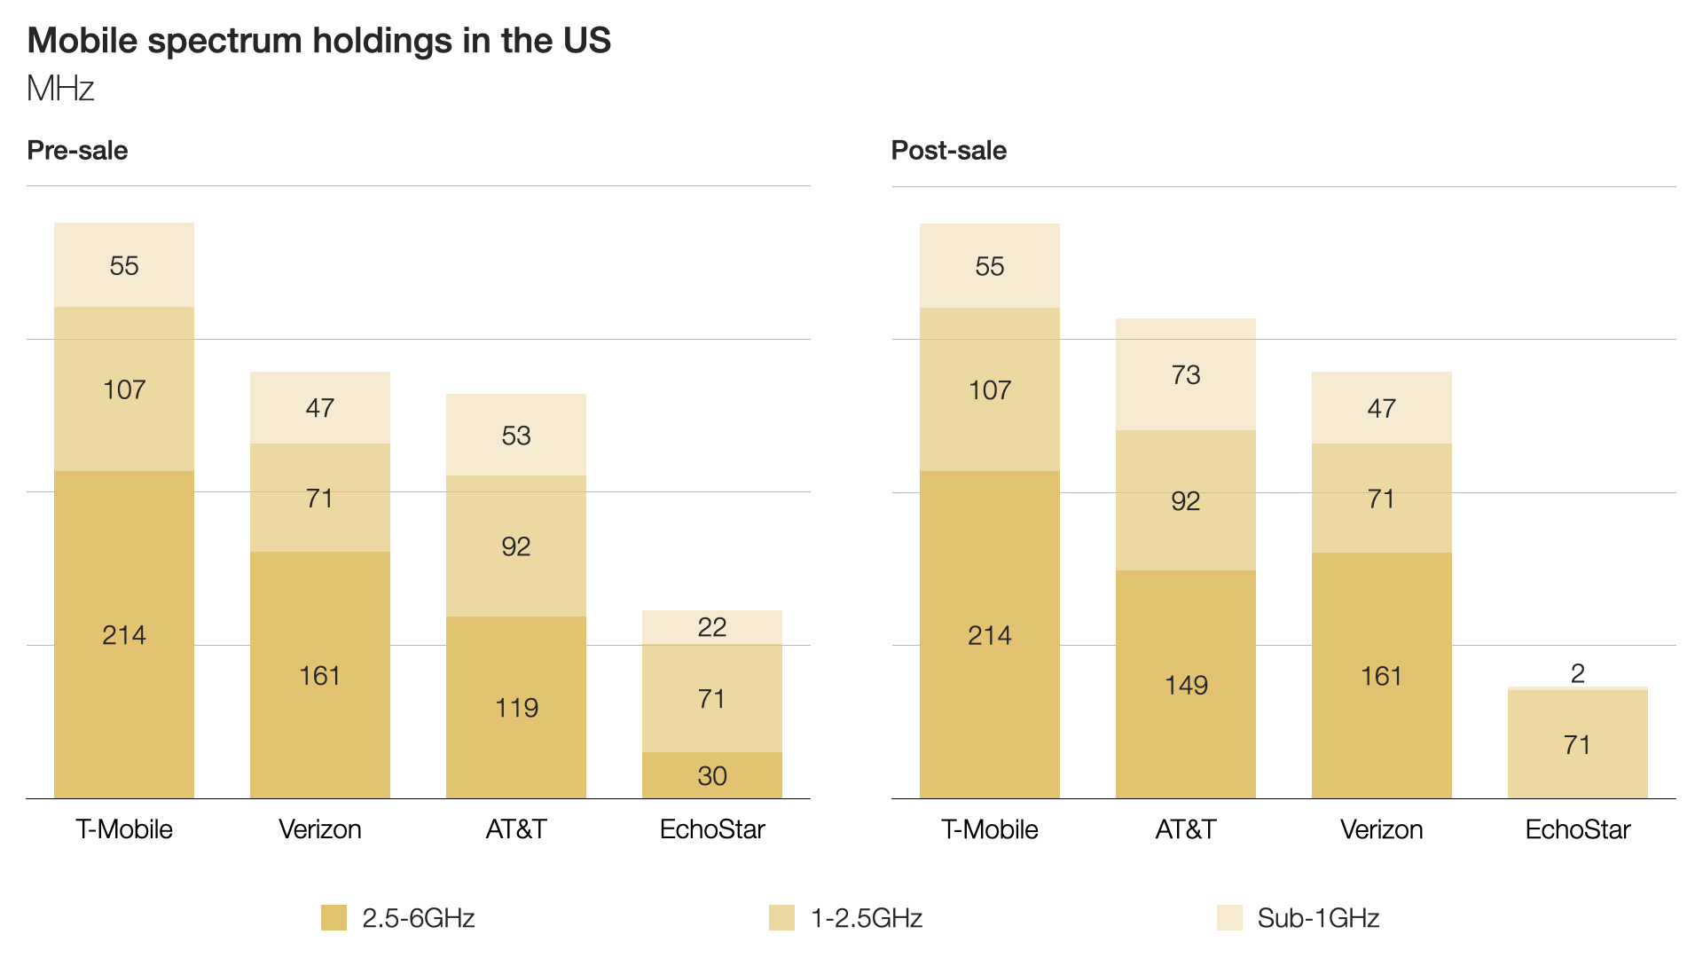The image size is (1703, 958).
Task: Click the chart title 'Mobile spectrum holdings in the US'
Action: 319,41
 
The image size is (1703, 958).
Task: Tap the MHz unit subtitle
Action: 60,89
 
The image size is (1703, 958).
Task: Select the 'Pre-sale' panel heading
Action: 77,150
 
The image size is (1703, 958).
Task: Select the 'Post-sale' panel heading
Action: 949,150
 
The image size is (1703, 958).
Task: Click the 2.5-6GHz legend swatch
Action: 334,918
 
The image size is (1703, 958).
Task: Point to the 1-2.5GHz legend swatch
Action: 781,918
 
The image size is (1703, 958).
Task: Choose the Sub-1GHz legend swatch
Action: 1229,918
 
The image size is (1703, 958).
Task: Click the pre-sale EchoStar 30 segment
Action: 712,775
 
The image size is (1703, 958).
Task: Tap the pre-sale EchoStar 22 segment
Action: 712,627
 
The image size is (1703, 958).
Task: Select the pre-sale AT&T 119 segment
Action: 516,707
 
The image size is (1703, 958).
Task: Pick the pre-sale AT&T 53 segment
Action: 516,435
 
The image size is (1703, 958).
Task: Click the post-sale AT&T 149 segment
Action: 1186,684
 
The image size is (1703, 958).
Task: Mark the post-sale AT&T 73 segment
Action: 1186,374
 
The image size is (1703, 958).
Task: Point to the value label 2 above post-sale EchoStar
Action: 1578,673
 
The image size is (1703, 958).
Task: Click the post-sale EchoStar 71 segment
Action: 1578,744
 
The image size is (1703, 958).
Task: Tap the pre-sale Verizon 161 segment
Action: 320,675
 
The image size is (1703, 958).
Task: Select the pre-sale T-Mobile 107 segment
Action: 124,389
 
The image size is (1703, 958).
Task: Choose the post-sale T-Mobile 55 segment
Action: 990,265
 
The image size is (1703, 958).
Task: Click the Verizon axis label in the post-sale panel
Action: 1382,829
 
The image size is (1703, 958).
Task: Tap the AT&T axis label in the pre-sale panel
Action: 516,829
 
